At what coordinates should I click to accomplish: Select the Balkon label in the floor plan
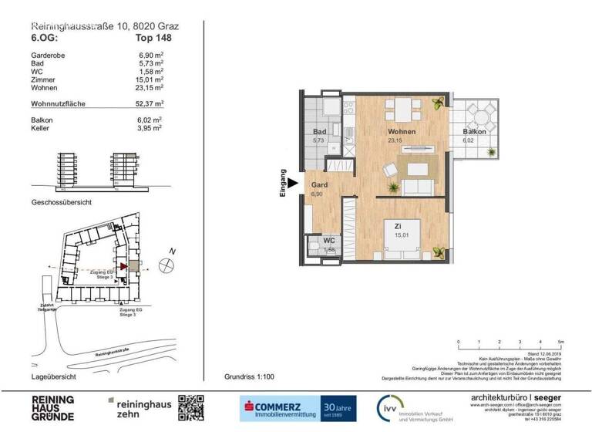tap(475, 132)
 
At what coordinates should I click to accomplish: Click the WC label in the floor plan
tap(329, 241)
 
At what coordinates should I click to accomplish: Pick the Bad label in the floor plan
tap(318, 132)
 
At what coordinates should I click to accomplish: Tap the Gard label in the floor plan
tap(319, 186)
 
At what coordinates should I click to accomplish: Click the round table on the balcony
tap(485, 118)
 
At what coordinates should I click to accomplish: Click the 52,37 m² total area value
tap(149, 103)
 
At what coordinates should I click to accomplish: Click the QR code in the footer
tap(191, 407)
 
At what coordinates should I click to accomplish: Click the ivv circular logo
tap(387, 407)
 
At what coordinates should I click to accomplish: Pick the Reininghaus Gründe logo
tap(52, 407)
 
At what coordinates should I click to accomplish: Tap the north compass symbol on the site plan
tap(164, 265)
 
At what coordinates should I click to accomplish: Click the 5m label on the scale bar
tap(560, 341)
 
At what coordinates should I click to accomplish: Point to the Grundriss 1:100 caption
tap(250, 377)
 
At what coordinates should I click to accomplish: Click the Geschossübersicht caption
tap(62, 202)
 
